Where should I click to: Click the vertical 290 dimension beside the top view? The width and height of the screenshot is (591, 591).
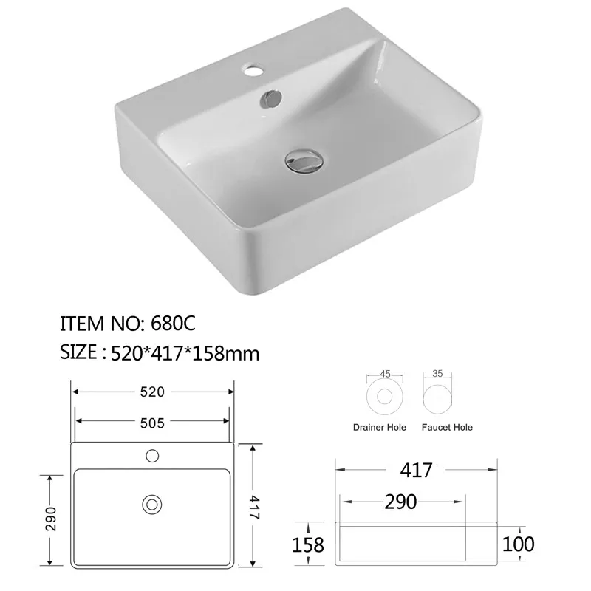click(x=51, y=519)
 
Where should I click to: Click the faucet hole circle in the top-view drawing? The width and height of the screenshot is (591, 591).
click(x=153, y=455)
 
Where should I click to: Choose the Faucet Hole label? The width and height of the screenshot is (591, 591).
click(x=446, y=427)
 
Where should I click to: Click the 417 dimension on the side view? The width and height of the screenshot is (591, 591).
click(x=417, y=469)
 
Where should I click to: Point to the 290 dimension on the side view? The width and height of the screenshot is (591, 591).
click(x=401, y=501)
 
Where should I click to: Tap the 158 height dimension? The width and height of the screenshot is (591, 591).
click(x=308, y=544)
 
